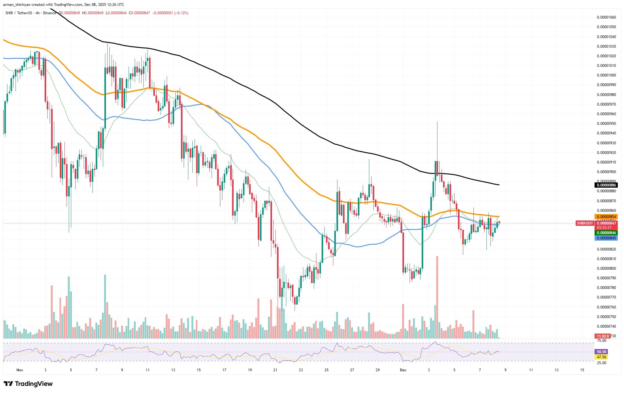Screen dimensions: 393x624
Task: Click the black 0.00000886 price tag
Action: point(606,185)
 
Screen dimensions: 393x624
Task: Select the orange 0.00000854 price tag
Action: point(606,217)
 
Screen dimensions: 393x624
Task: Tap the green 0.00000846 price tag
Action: point(606,233)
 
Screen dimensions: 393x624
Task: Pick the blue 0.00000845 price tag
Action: point(606,238)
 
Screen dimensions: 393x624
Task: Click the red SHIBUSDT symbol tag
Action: point(585,223)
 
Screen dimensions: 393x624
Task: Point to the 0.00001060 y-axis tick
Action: point(606,17)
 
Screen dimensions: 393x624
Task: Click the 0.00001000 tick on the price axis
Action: point(606,75)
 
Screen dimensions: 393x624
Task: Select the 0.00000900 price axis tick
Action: point(606,172)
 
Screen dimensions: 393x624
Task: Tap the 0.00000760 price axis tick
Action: point(606,307)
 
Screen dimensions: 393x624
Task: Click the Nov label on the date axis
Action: point(20,370)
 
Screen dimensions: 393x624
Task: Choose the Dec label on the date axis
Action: point(403,370)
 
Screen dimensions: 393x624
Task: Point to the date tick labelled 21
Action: point(275,370)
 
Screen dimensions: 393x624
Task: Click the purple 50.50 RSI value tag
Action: point(601,352)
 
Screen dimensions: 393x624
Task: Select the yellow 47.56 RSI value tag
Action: point(601,357)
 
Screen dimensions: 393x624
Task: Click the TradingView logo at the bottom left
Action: point(29,384)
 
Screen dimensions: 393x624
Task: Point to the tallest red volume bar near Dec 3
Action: point(437,297)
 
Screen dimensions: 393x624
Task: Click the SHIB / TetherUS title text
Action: point(19,13)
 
